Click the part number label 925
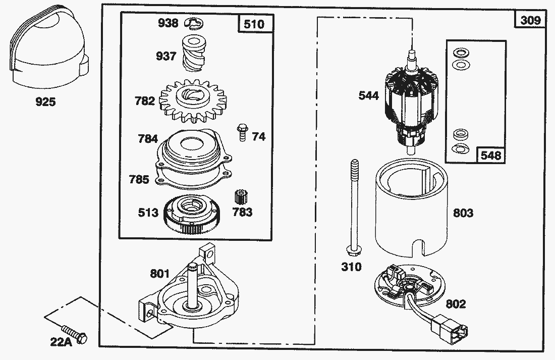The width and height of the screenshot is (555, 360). tap(45, 102)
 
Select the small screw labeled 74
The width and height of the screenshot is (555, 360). tap(241, 133)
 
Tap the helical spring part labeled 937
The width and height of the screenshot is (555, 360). tap(192, 54)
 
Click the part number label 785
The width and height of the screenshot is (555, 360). tap(139, 179)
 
